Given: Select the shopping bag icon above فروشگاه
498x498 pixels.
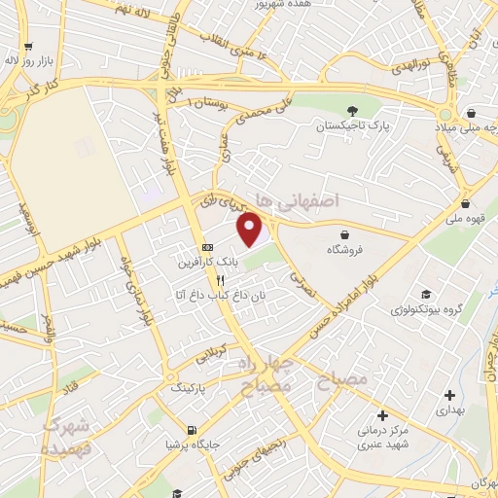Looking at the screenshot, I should [x=345, y=233].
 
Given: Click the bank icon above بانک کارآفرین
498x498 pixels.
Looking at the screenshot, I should [x=206, y=247].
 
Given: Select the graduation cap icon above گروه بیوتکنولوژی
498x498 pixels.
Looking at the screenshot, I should [x=426, y=295].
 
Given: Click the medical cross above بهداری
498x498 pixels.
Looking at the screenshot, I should [x=448, y=395].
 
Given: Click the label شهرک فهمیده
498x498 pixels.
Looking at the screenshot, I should [x=67, y=439].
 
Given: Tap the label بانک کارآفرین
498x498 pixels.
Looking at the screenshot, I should [x=206, y=263].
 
